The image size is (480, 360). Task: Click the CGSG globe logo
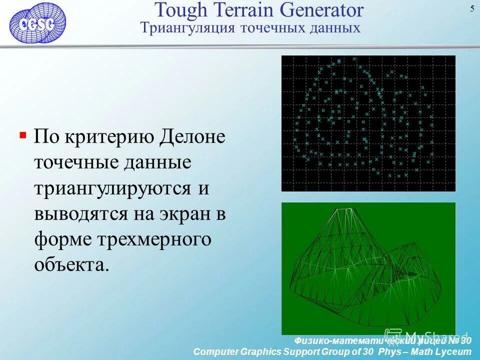pos(37,22)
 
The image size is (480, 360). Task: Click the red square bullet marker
pos(23,135)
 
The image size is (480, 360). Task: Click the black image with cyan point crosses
pos(368,123)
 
